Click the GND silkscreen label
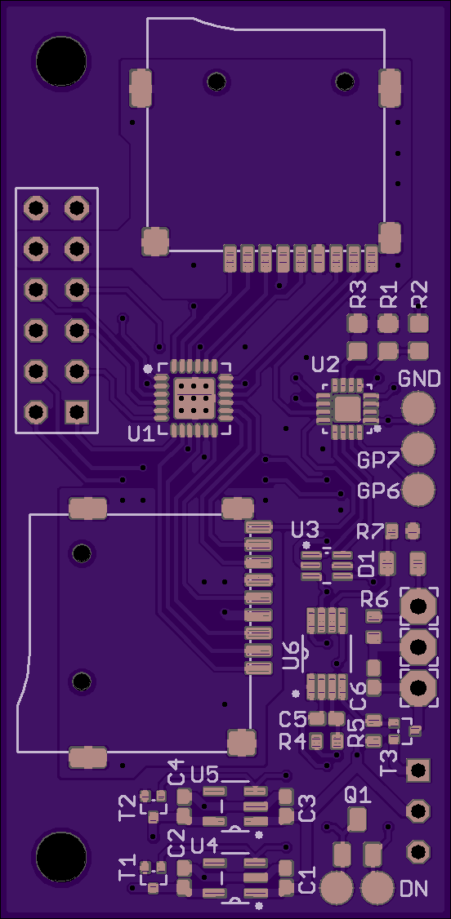(419, 380)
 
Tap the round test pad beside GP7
(419, 448)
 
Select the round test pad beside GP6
(419, 490)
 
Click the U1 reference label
(141, 433)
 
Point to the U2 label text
(325, 365)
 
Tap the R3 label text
(358, 295)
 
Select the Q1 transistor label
(358, 795)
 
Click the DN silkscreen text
(413, 889)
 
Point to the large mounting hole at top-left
(61, 61)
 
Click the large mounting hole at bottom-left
(61, 857)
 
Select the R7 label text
(370, 532)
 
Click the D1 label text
(367, 563)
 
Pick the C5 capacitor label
(292, 718)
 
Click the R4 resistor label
(292, 741)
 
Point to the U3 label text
(306, 531)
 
